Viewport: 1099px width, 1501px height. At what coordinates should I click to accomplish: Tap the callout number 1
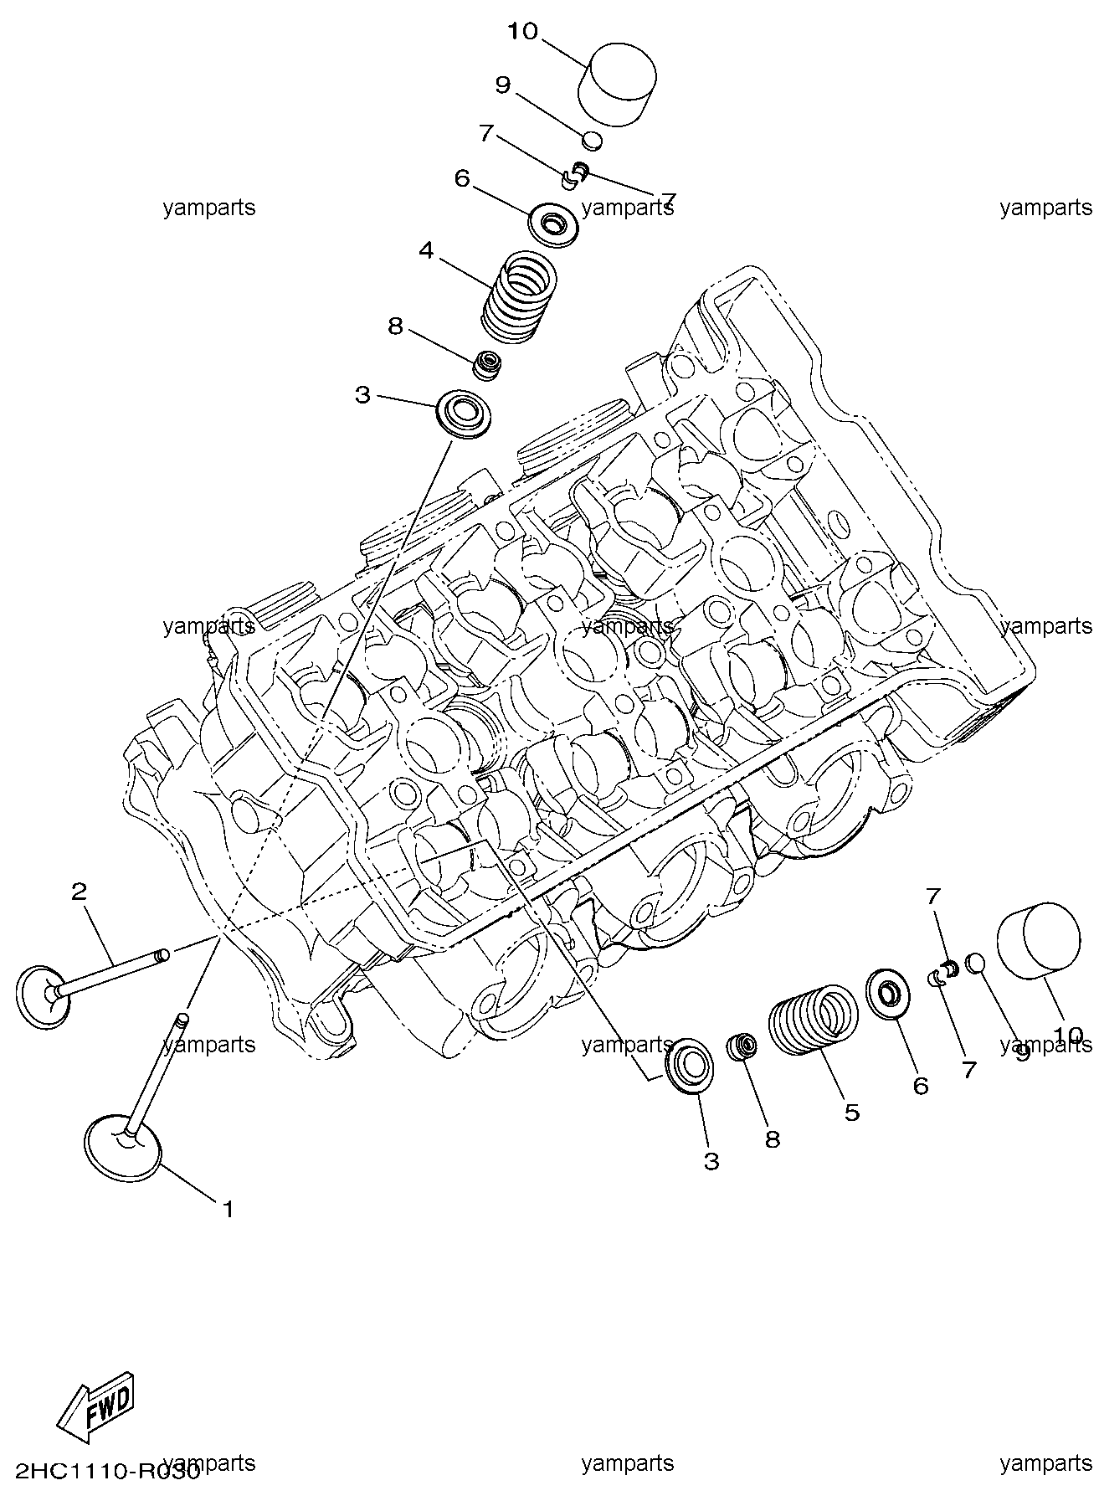point(227,1209)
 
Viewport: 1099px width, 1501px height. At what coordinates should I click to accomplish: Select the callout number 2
point(79,892)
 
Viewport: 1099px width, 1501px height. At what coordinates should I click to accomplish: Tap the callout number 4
point(426,250)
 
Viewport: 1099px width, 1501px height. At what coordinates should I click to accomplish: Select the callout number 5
point(851,1113)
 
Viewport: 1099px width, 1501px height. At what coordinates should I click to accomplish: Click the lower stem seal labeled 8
point(742,1046)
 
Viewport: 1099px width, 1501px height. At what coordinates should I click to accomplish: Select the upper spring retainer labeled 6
point(551,224)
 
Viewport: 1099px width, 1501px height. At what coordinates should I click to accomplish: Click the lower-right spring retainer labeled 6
point(885,995)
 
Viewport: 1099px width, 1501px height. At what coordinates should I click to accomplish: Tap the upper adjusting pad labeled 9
point(593,140)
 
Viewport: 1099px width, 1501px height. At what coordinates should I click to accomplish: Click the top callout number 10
point(521,32)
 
